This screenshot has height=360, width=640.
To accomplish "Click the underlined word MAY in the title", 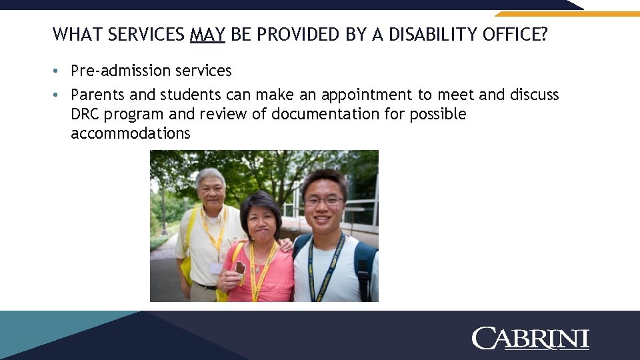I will (207, 34).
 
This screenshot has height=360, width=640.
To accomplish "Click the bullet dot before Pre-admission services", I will (59, 71).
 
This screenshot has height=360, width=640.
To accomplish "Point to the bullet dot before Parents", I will (59, 95).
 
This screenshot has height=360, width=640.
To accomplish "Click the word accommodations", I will (130, 133).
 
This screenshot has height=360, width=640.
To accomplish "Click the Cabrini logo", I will (530, 338).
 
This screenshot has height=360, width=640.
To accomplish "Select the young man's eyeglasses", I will (323, 201).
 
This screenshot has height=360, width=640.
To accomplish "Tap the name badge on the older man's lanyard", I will (216, 268).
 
